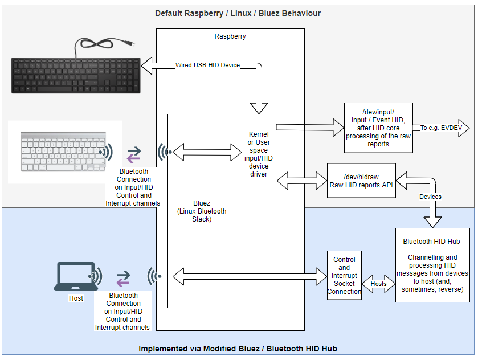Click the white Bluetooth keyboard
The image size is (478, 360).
pyautogui.click(x=61, y=150)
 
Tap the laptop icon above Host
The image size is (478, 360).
pyautogui.click(x=75, y=277)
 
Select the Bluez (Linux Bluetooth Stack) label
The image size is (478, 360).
pyautogui.click(x=202, y=211)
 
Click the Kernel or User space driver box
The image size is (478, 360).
pyautogui.click(x=259, y=154)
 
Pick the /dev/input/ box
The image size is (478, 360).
pyautogui.click(x=378, y=128)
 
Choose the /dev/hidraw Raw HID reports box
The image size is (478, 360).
pyautogui.click(x=361, y=181)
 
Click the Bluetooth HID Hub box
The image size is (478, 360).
pyautogui.click(x=432, y=265)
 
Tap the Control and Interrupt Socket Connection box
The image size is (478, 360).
pyautogui.click(x=344, y=276)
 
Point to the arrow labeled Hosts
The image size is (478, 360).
pyautogui.click(x=378, y=283)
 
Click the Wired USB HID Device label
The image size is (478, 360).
pyautogui.click(x=207, y=66)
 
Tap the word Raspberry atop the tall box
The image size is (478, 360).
pyautogui.click(x=230, y=36)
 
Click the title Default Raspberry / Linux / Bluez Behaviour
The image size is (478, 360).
pyautogui.click(x=238, y=13)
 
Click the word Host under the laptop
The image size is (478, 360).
pyautogui.click(x=76, y=298)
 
